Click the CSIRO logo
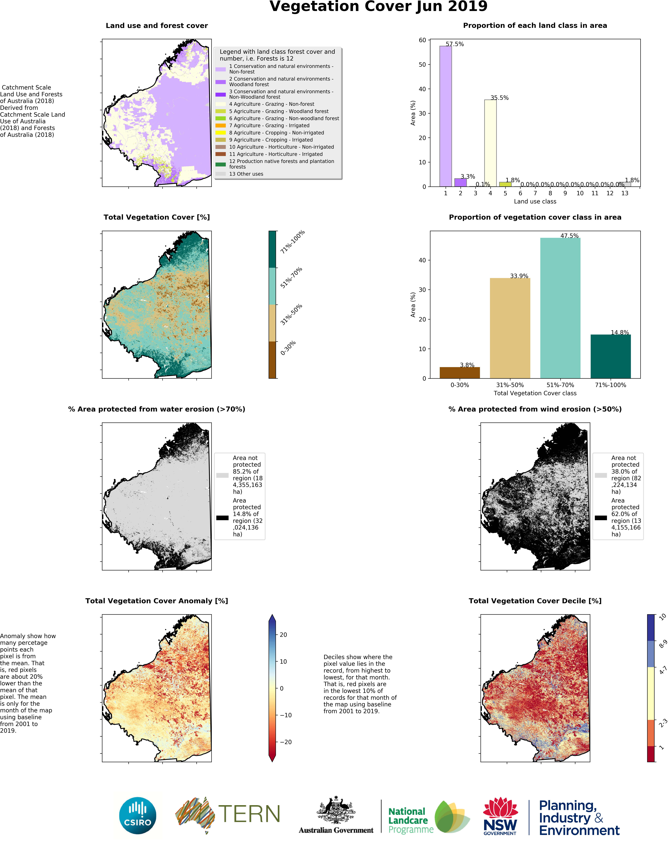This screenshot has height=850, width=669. pyautogui.click(x=137, y=815)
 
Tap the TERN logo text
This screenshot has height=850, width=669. pyautogui.click(x=249, y=814)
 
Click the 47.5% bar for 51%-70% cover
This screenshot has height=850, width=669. pyautogui.click(x=560, y=308)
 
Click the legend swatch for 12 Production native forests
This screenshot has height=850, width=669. pyautogui.click(x=220, y=164)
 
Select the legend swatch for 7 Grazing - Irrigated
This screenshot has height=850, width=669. pyautogui.click(x=220, y=125)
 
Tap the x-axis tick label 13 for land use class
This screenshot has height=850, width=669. pyautogui.click(x=625, y=193)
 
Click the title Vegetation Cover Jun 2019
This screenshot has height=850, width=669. pyautogui.click(x=378, y=7)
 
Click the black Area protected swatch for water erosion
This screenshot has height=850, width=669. pyautogui.click(x=222, y=518)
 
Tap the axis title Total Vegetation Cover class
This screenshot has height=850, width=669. pyautogui.click(x=535, y=393)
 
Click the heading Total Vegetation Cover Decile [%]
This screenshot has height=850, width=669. pyautogui.click(x=535, y=601)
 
